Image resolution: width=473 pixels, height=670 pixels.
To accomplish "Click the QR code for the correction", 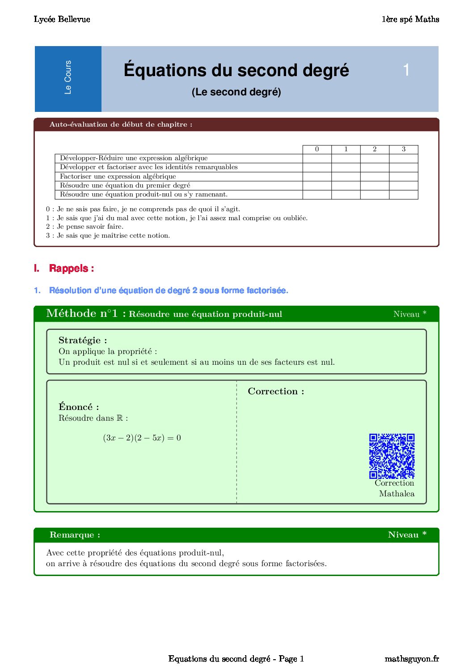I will point(392,456).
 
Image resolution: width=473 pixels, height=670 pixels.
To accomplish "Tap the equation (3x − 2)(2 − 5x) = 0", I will point(142,438).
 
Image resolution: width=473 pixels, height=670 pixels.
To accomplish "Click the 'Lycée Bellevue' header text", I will point(62,19).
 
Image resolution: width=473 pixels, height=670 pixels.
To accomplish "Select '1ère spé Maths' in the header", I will point(410,19).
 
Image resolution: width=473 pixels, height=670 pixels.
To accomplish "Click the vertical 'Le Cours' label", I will point(68,77).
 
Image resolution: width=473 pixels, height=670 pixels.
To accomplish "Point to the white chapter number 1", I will point(406,70).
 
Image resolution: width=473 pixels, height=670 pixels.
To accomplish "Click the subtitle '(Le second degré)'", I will point(236,92).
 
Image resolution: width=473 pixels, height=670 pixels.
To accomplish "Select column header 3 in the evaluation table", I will point(403,149).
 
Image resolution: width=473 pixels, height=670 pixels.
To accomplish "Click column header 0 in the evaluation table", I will point(317,149).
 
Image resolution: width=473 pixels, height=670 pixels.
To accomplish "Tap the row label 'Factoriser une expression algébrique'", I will point(118,176).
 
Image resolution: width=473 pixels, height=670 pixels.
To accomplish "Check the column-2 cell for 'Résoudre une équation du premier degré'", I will point(375,185).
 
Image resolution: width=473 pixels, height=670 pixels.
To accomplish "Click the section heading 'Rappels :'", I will point(71,269).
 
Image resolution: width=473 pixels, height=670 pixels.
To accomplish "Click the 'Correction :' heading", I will point(276,391).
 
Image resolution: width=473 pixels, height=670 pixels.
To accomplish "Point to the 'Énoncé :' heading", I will point(79,407).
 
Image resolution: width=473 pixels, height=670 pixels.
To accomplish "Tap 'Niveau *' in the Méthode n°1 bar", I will point(410,314).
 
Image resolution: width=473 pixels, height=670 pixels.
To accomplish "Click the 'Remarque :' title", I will point(75,535).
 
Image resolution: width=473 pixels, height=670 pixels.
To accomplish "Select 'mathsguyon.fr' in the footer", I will point(411,659).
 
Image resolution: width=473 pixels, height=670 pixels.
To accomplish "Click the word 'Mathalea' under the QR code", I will point(397,494).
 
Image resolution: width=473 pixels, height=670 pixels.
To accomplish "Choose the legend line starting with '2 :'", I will point(84,226).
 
